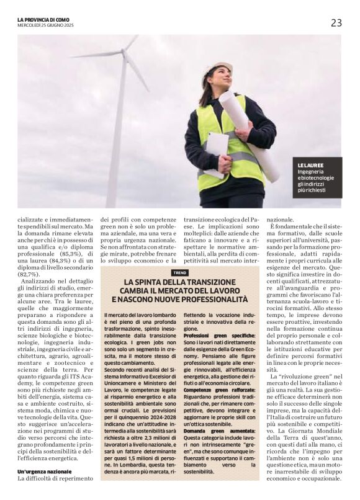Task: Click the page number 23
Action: (336, 23)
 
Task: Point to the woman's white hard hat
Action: (216, 67)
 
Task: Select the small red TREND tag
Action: (179, 272)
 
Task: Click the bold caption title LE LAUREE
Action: (310, 166)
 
